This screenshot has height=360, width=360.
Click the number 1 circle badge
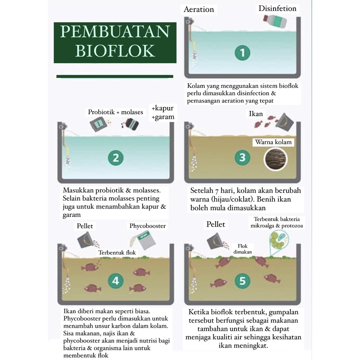242,53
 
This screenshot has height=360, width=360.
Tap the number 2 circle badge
116,158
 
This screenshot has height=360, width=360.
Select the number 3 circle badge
242,157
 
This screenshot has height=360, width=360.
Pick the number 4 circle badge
116,281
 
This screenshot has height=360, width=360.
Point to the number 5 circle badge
243,281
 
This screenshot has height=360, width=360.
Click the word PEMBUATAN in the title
115,32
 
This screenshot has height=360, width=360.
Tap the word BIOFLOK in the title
115,51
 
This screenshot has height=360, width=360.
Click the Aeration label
199,9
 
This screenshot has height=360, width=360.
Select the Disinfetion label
277,8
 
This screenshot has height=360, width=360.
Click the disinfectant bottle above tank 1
275,21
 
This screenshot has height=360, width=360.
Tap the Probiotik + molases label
115,112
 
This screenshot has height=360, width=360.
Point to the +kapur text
162,108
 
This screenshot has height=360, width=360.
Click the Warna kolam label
273,142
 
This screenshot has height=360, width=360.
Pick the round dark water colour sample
276,159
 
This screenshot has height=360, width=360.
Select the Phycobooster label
147,226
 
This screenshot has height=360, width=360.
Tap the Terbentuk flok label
117,252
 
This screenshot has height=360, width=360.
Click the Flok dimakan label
243,249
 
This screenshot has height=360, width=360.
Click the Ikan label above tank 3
256,114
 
